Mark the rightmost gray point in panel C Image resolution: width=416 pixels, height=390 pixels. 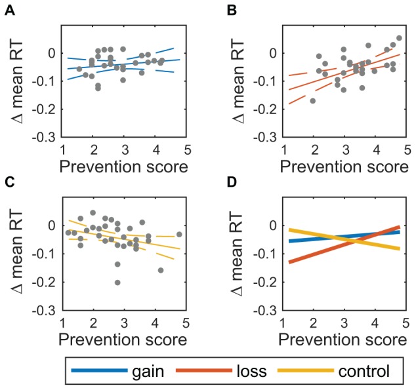tap(179, 234)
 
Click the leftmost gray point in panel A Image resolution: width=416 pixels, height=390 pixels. tap(79, 69)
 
